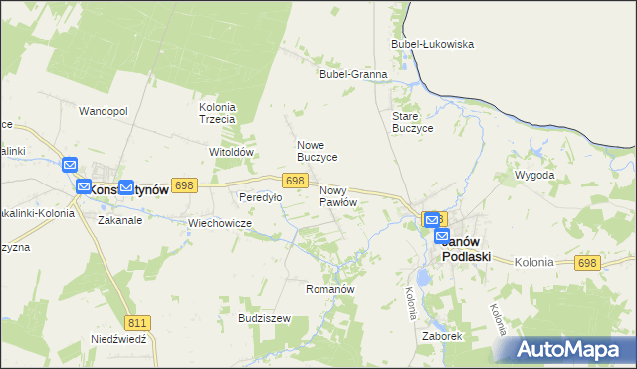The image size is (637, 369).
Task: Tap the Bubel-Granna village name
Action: pyautogui.click(x=352, y=74)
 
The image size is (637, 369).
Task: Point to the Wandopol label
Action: pyautogui.click(x=104, y=111)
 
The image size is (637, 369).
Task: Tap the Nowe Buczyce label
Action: pyautogui.click(x=318, y=151)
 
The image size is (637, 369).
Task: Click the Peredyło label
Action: pyautogui.click(x=260, y=197)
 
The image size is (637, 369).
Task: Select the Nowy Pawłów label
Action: pyautogui.click(x=338, y=196)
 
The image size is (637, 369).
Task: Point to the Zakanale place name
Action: pyautogui.click(x=119, y=220)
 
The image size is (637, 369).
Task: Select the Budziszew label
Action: pyautogui.click(x=264, y=318)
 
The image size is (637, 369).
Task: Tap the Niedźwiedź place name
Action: pyautogui.click(x=118, y=339)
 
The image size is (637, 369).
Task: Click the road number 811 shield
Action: pyautogui.click(x=138, y=322)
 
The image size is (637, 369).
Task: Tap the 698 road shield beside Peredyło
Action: pyautogui.click(x=293, y=181)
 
